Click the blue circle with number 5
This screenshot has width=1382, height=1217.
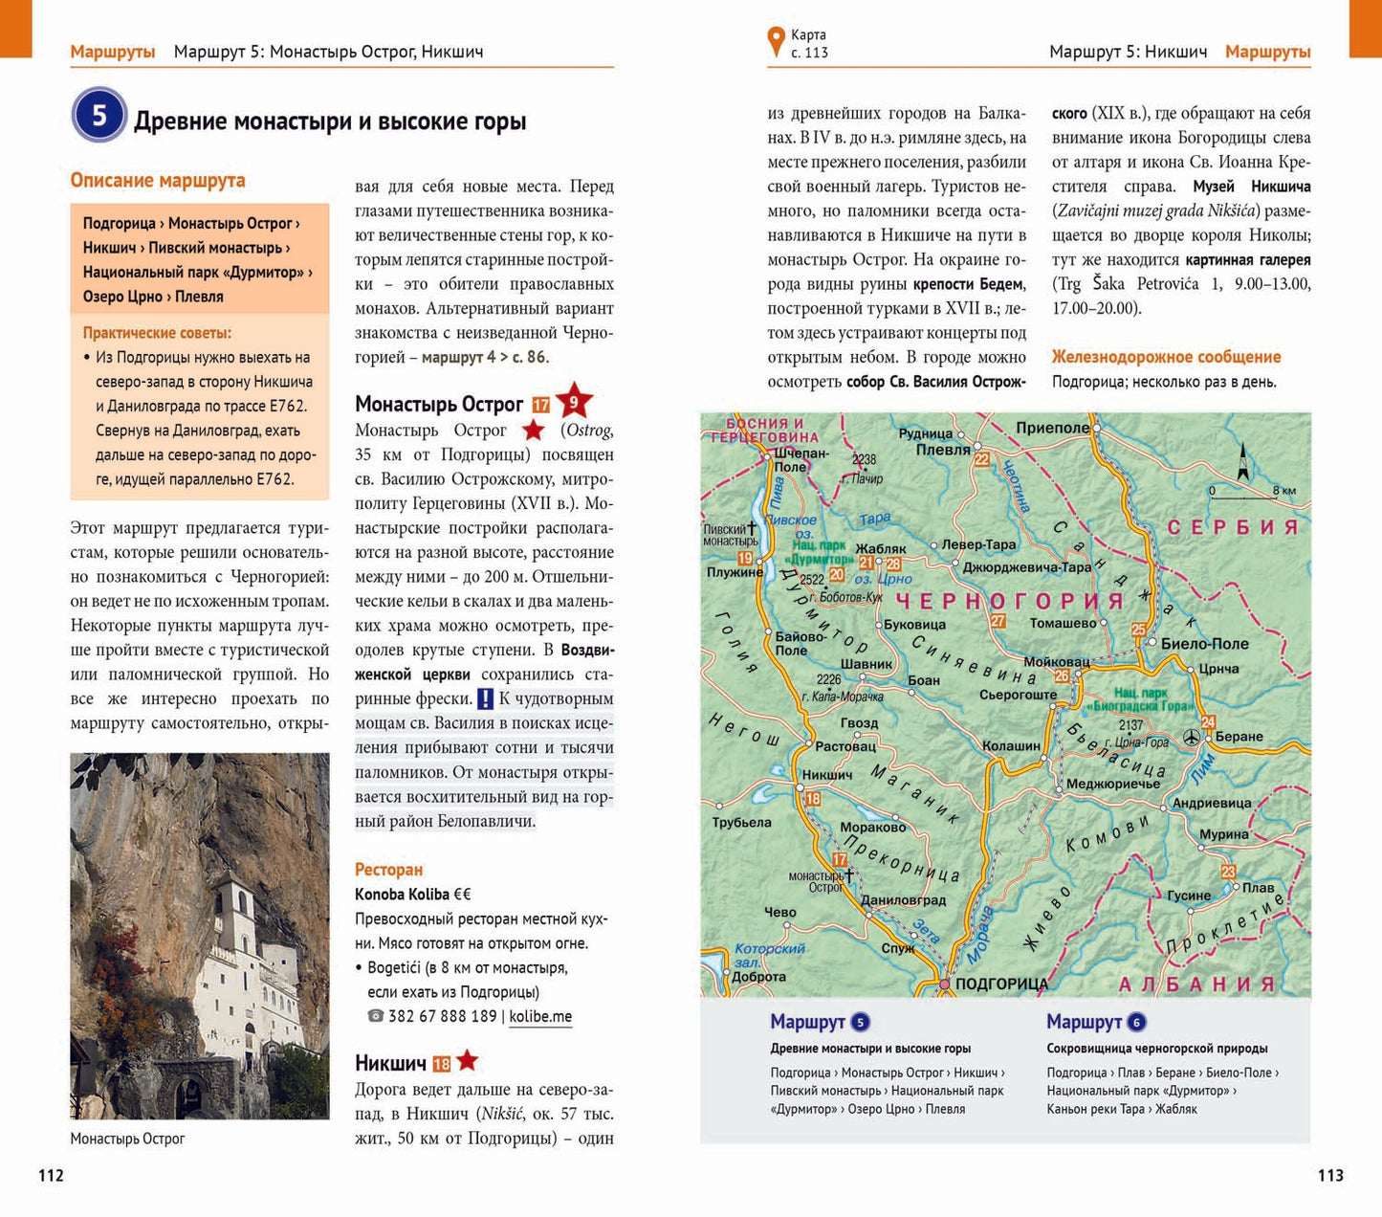pos(99,116)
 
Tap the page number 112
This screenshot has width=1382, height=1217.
pos(51,1175)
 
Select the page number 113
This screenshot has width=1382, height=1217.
pos(1329,1175)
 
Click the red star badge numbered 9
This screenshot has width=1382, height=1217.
pos(574,402)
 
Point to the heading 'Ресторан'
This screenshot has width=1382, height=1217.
pos(388,870)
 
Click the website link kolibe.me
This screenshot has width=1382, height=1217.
pos(540,1016)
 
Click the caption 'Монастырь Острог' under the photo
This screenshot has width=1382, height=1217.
pos(127,1139)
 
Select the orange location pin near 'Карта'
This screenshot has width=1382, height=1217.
pos(776,42)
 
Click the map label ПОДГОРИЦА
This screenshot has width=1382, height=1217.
pos(1000,984)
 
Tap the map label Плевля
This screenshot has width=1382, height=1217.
pos(943,449)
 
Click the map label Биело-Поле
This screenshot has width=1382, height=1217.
pos(1204,644)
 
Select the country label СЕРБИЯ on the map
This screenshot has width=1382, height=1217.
pos(1233,527)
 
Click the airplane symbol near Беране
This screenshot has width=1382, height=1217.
pos(1192,737)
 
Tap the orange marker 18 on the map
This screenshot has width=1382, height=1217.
pos(813,799)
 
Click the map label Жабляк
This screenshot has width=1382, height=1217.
pos(880,549)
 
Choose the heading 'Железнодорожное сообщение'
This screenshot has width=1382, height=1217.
pos(1166,357)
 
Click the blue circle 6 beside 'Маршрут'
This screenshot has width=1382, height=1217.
pos(1136,1022)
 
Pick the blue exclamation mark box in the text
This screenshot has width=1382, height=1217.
pos(485,699)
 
